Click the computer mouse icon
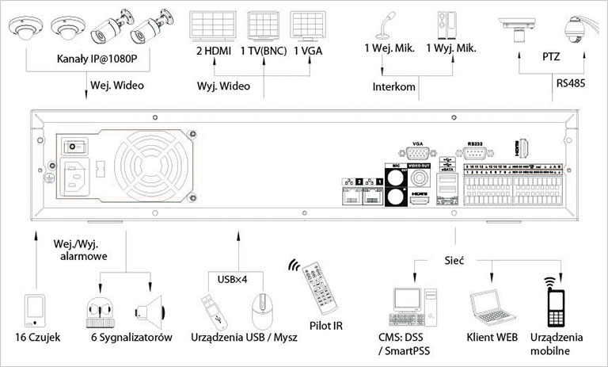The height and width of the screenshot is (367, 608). [262, 310]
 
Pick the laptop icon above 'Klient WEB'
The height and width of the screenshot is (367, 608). [488, 309]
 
